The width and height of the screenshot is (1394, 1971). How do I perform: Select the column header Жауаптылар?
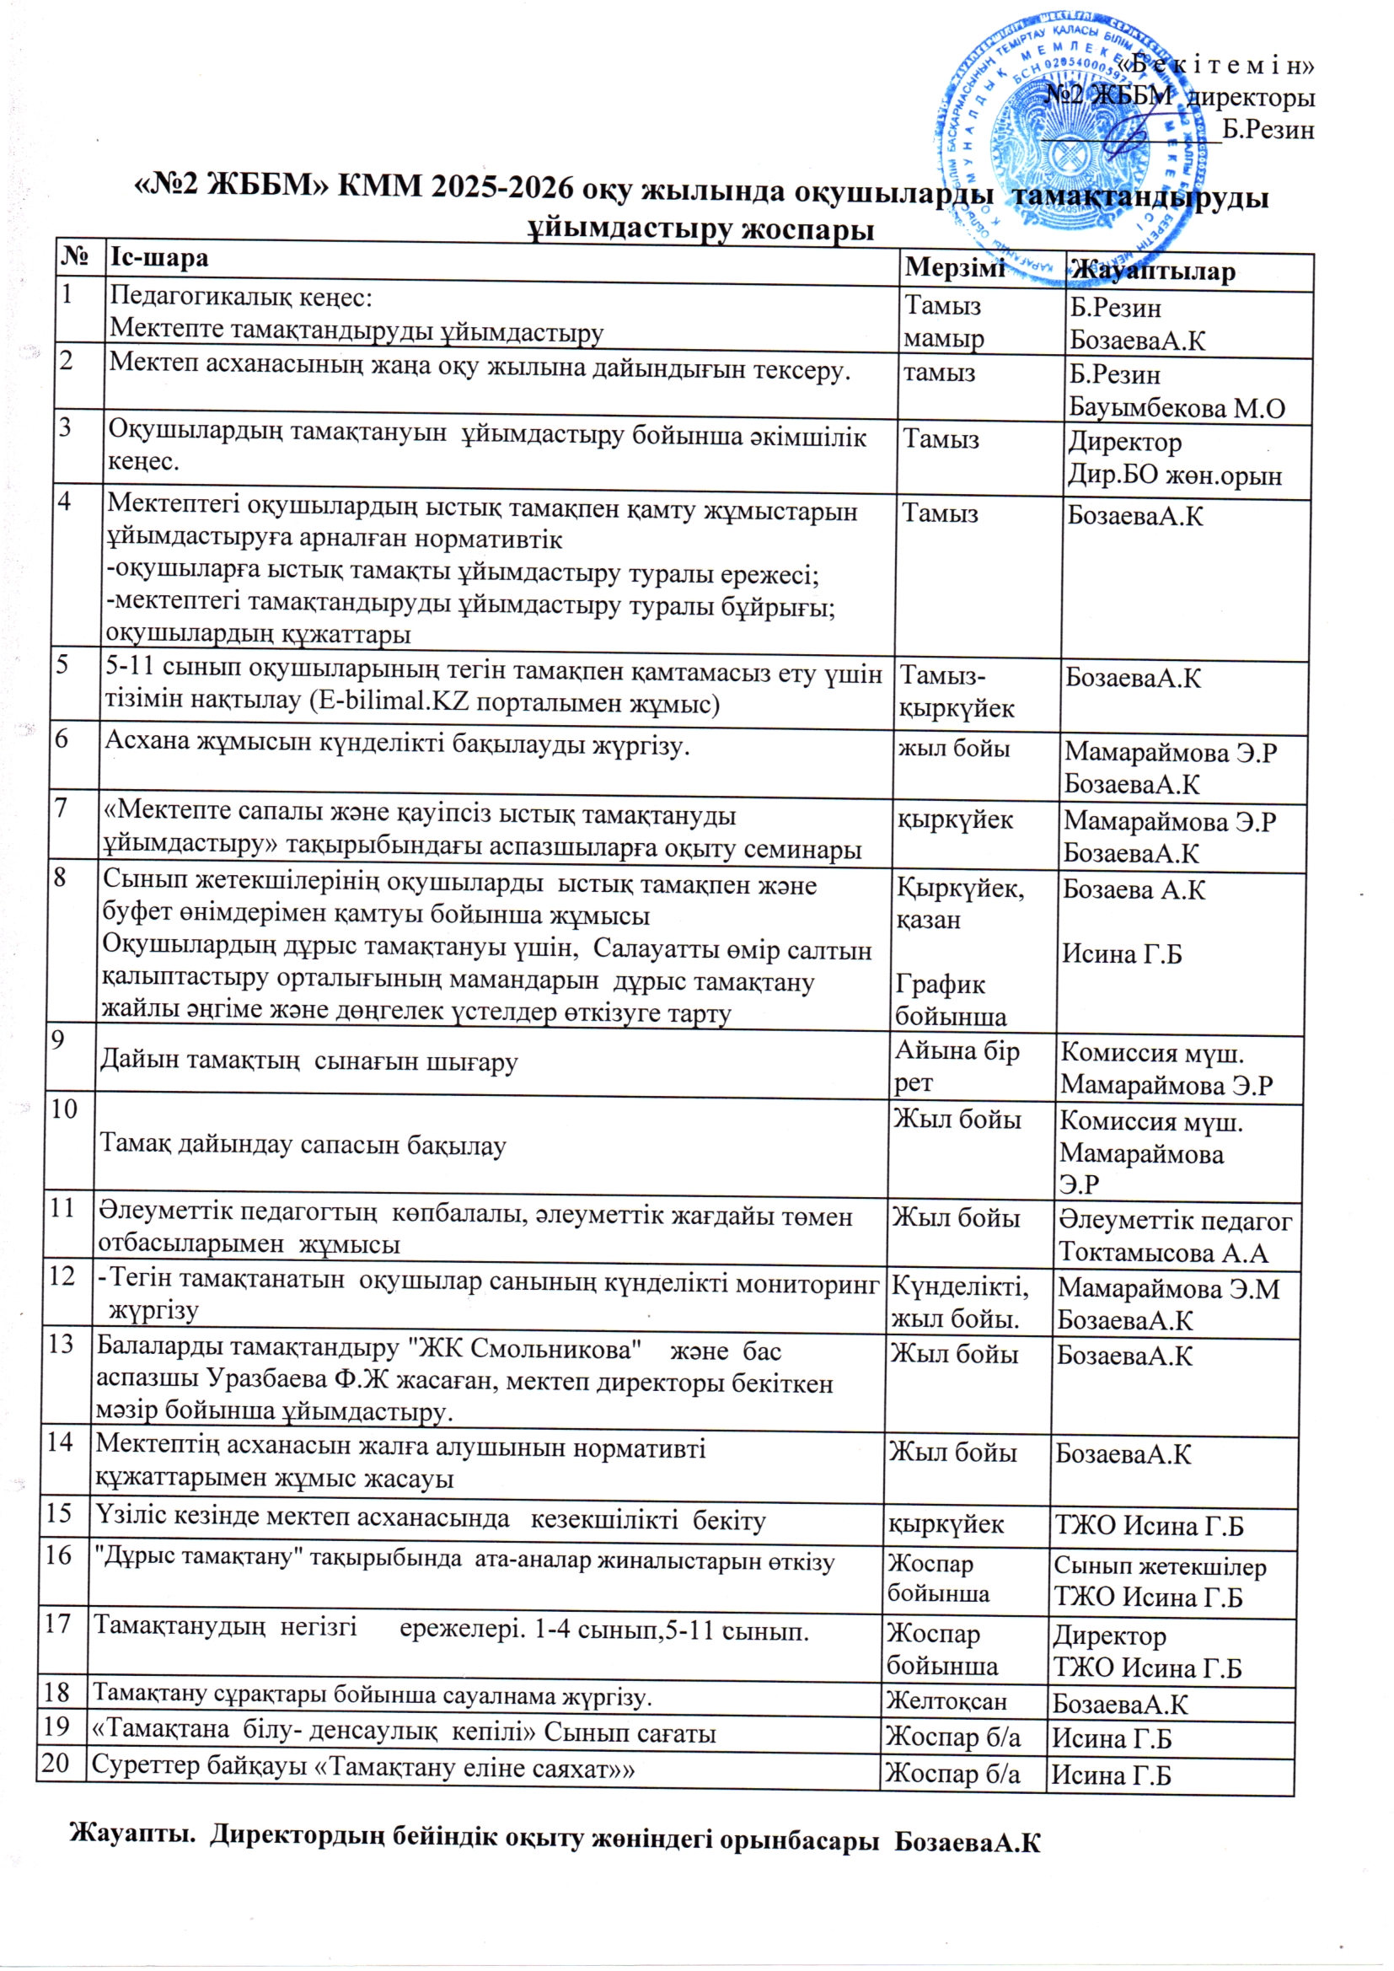coord(1151,271)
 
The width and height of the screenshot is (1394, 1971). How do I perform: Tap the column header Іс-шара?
coord(159,256)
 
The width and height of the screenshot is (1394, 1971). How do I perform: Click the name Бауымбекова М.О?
coord(1177,409)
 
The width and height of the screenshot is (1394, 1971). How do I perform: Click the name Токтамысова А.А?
coord(1163,1253)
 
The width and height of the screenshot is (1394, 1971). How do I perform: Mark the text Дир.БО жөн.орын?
coord(1174,475)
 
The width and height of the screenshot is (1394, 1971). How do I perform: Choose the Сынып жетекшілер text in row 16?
coord(1160,1566)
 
